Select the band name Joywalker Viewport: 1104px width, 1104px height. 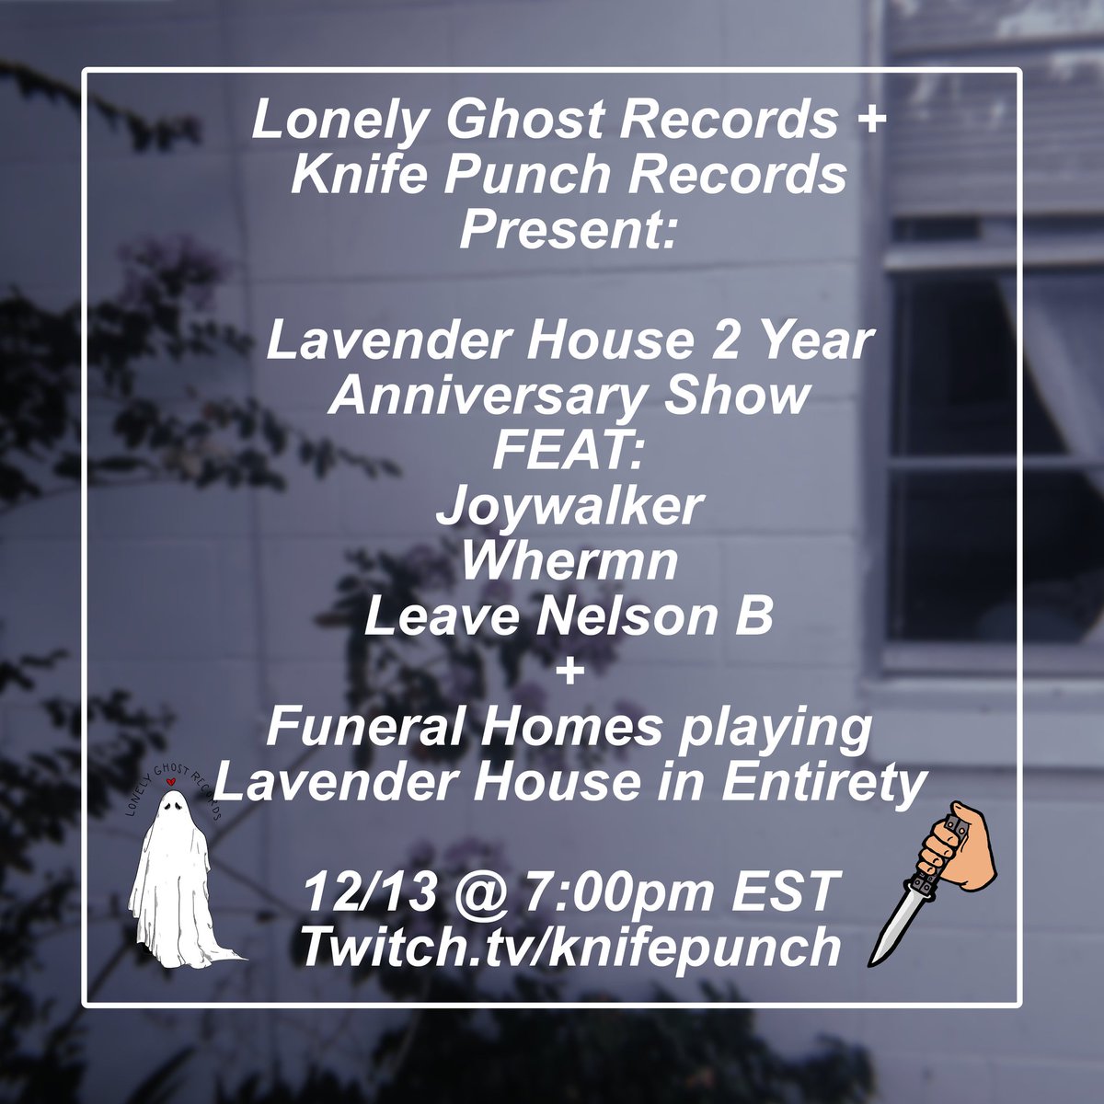(569, 508)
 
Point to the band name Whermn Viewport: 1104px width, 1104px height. (569, 563)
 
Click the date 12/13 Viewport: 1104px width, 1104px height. (352, 892)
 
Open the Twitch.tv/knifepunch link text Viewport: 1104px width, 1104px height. (570, 947)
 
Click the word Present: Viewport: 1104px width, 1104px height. (569, 231)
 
